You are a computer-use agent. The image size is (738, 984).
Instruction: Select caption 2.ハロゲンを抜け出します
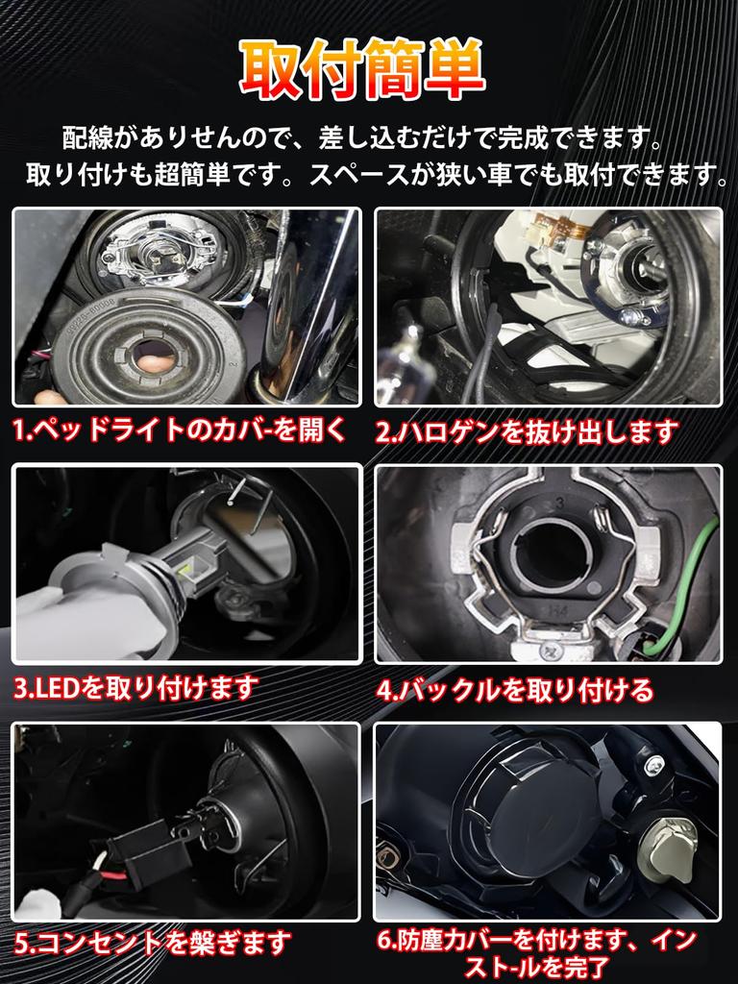pos(527,431)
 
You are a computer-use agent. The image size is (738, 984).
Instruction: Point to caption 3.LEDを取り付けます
pos(135,687)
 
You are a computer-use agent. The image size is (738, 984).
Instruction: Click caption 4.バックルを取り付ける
pos(514,689)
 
